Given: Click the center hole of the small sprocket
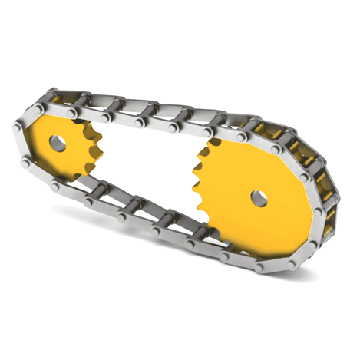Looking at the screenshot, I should coord(58,141).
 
